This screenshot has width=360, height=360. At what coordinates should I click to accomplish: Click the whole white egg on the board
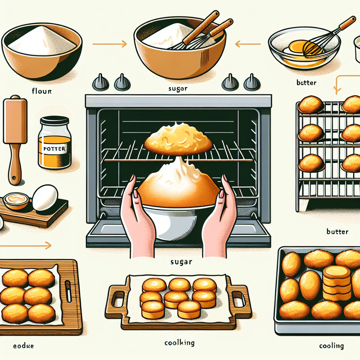(x=45, y=198)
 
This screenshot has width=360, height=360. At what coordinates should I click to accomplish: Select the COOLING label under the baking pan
(x=332, y=346)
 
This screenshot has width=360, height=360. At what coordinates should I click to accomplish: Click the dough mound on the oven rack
(x=178, y=138)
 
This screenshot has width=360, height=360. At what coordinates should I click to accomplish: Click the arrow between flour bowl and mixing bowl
(x=109, y=44)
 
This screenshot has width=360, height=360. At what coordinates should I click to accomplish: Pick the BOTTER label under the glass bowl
(x=306, y=83)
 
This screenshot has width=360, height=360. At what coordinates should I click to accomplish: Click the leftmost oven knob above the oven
(x=98, y=83)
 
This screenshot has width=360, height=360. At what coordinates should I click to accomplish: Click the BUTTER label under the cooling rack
(x=337, y=232)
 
